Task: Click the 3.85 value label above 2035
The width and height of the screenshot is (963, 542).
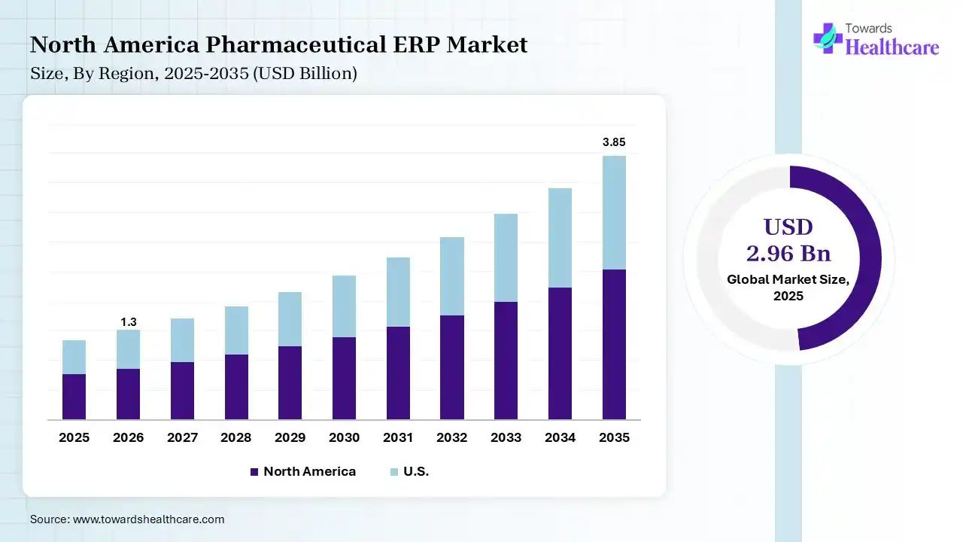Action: pyautogui.click(x=614, y=142)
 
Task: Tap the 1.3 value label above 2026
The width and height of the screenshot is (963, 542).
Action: pyautogui.click(x=128, y=322)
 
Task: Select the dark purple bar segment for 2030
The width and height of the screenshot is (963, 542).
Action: pyautogui.click(x=344, y=378)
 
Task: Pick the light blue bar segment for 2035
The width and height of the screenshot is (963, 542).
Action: pyautogui.click(x=614, y=212)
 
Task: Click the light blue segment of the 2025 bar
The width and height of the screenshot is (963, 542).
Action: pyautogui.click(x=74, y=357)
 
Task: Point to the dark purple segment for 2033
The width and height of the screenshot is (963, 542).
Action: pyautogui.click(x=506, y=361)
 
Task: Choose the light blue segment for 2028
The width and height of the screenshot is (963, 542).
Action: pyautogui.click(x=236, y=330)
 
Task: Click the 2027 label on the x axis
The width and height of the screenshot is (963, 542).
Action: pyautogui.click(x=182, y=437)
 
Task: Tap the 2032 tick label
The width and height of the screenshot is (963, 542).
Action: pyautogui.click(x=451, y=437)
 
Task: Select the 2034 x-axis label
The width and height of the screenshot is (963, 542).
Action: pyautogui.click(x=560, y=437)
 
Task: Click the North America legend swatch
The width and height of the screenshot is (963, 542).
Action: pyautogui.click(x=254, y=472)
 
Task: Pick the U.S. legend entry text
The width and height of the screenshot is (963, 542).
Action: pyautogui.click(x=416, y=472)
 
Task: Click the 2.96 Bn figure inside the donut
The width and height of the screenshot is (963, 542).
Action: pyautogui.click(x=788, y=253)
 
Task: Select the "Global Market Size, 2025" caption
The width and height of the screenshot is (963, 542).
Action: pyautogui.click(x=788, y=288)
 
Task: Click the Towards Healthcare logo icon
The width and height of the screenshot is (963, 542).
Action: pyautogui.click(x=828, y=38)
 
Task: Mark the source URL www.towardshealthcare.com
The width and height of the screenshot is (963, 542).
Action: pyautogui.click(x=149, y=519)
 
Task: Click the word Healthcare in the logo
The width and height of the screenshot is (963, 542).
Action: pyautogui.click(x=892, y=47)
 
